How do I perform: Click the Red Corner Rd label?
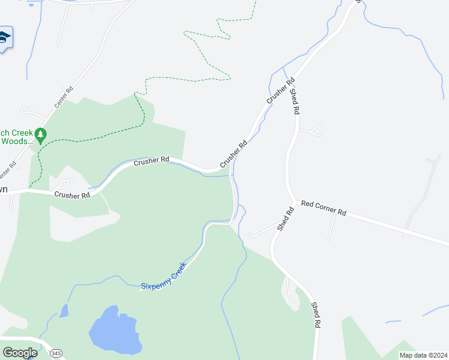324,208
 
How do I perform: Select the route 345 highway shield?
56,352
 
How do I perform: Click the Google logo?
20,353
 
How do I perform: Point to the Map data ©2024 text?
423,355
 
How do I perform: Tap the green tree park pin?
41,136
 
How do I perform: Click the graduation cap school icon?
4,38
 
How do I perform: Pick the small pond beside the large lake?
64,310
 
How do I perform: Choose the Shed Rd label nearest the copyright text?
315,314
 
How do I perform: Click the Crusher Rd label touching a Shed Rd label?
280,89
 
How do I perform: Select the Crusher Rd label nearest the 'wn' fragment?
72,194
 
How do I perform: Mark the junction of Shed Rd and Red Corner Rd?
294,202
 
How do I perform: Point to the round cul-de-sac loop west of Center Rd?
25,110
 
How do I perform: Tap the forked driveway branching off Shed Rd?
309,129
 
